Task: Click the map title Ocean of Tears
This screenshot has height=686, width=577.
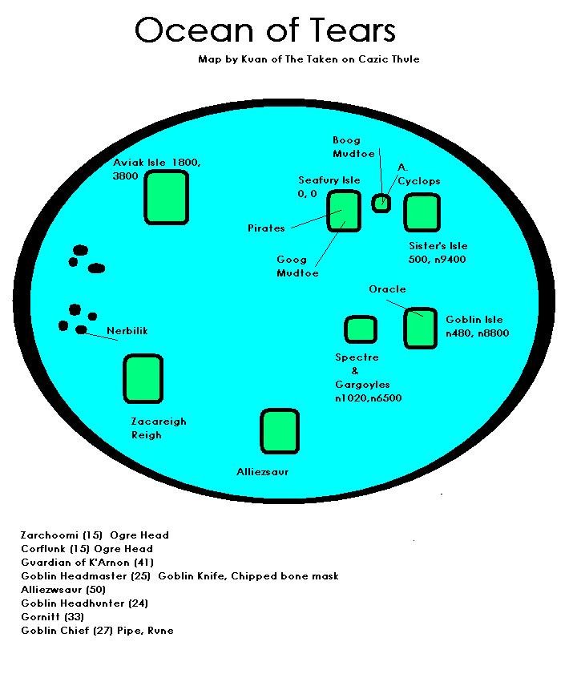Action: click(265, 30)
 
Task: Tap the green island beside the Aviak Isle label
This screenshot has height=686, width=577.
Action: click(166, 197)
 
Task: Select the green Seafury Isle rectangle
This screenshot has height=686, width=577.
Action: click(344, 211)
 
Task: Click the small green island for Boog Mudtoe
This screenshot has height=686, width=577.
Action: click(381, 203)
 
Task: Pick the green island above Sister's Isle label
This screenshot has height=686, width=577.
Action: click(422, 212)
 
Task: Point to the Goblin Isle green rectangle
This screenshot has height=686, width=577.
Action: click(421, 328)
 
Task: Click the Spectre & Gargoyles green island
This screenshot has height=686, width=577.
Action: click(361, 329)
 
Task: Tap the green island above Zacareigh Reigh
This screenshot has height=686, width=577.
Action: click(143, 378)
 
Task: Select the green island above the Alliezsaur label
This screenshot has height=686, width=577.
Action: click(280, 431)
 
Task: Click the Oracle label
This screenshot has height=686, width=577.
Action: click(387, 289)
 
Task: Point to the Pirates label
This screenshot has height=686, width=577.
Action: click(266, 228)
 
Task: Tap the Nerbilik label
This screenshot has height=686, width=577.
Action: click(127, 331)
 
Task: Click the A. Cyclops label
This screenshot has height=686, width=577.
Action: click(418, 174)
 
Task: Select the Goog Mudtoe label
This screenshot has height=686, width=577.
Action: click(297, 266)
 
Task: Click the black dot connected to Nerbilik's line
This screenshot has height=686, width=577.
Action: click(81, 330)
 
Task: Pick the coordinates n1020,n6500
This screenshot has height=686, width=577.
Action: click(369, 398)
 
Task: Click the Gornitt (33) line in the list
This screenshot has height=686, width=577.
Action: click(53, 617)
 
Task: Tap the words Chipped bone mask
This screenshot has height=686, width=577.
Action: click(284, 576)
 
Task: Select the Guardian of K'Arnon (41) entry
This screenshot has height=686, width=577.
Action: click(87, 563)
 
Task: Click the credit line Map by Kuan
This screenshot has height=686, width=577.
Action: click(309, 59)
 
